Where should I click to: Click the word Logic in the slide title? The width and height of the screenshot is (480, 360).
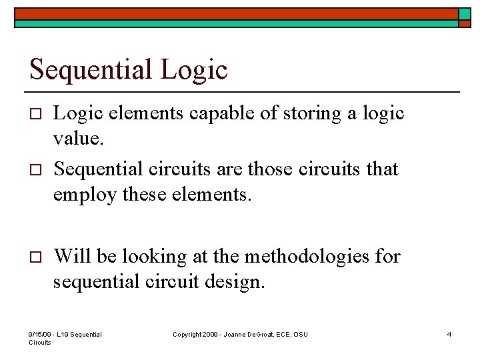(x=195, y=69)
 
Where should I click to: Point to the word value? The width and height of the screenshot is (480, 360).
(x=76, y=141)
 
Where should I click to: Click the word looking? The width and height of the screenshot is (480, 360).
(x=147, y=255)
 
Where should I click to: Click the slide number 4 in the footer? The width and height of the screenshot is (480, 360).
(x=449, y=334)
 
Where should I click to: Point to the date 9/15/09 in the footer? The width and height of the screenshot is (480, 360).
(x=41, y=334)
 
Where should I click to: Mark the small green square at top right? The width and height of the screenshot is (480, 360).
(x=465, y=14)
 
